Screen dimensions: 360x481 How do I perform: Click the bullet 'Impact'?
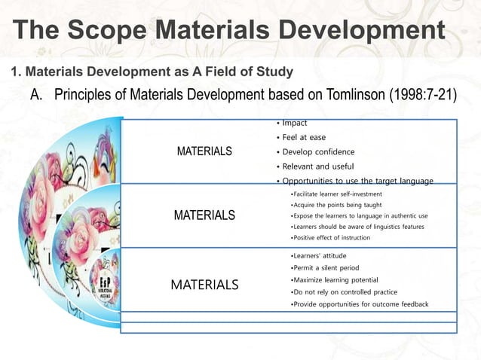[x=295, y=123]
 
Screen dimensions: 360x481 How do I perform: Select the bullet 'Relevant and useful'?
[x=319, y=166]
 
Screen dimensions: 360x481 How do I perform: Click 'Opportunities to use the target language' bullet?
[x=357, y=181]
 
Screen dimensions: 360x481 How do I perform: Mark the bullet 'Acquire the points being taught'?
[x=339, y=205]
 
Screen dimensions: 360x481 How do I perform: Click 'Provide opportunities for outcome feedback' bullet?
[x=360, y=304]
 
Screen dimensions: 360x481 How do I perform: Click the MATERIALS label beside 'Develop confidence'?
[x=204, y=151]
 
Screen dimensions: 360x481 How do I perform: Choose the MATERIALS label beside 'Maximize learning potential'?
[x=204, y=285]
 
